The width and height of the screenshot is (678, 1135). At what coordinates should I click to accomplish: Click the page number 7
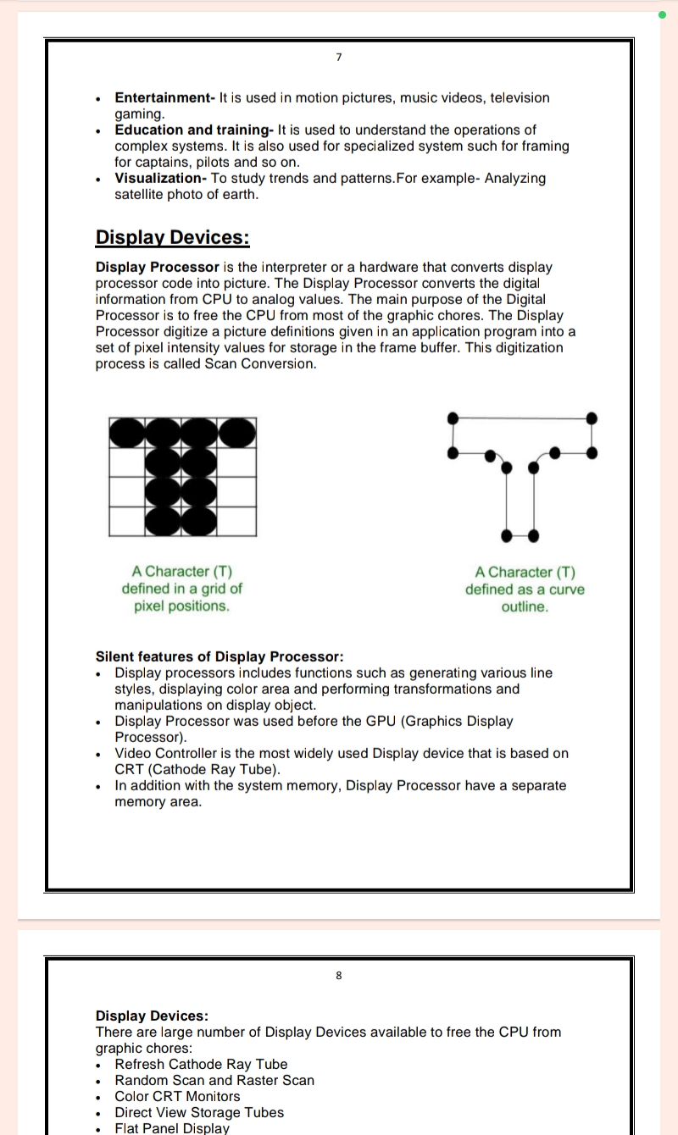[x=338, y=57]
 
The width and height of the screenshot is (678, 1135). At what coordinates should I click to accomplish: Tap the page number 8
[x=339, y=975]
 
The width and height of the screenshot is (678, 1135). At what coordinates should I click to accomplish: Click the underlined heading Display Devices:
[x=172, y=237]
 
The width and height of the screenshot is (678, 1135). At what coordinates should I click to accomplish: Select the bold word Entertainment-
[x=165, y=98]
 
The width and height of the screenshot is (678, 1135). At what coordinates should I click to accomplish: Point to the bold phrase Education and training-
[x=194, y=130]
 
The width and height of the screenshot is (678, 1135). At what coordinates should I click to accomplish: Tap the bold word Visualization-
[x=161, y=179]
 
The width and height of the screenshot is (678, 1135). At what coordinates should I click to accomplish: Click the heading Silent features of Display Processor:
[x=220, y=656]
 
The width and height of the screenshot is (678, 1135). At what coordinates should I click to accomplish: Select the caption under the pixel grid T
[x=181, y=589]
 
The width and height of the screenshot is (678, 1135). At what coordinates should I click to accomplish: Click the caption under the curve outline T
[x=525, y=589]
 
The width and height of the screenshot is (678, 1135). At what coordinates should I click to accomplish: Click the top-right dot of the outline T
[x=592, y=418]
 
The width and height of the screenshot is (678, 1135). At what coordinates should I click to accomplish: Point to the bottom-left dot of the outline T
[x=507, y=535]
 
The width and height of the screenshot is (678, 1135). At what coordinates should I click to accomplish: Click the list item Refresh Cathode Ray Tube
[x=201, y=1065]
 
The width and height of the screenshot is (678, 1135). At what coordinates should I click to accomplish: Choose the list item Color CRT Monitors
[x=177, y=1097]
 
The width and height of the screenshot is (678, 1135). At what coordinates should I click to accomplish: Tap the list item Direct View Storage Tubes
[x=199, y=1113]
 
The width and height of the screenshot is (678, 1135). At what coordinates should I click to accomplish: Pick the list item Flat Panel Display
[x=172, y=1128]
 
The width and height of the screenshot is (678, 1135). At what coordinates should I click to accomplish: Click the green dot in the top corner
[x=661, y=14]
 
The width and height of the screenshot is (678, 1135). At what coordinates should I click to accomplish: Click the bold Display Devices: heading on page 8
[x=152, y=1016]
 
